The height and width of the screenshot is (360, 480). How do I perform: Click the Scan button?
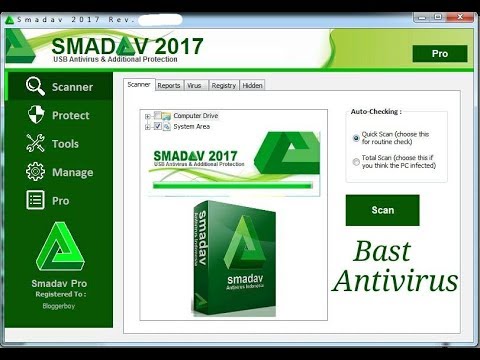tap(382, 210)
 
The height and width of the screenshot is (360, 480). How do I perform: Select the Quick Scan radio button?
tap(357, 138)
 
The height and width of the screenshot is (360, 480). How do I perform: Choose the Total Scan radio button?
tap(357, 161)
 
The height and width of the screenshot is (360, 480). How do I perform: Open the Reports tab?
tap(169, 86)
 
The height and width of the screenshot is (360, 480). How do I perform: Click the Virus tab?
tap(196, 86)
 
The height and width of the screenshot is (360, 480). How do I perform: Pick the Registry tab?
tap(224, 86)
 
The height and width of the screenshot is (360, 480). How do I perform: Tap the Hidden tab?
tap(252, 86)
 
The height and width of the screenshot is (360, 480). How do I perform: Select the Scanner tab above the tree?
tap(139, 85)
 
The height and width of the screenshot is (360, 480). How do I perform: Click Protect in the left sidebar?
tap(70, 115)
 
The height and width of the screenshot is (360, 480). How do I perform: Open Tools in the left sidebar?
tap(65, 144)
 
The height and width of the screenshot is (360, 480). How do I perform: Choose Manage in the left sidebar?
tap(71, 172)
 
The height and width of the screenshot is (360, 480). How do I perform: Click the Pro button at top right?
tap(439, 53)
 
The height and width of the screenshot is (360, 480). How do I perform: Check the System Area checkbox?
tap(157, 127)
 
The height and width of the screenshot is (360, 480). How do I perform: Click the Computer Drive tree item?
tap(195, 116)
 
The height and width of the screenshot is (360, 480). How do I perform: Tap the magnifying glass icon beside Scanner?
tap(36, 86)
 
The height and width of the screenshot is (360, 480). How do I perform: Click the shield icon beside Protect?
tap(36, 114)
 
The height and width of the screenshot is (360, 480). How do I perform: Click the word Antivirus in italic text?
tap(396, 281)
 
